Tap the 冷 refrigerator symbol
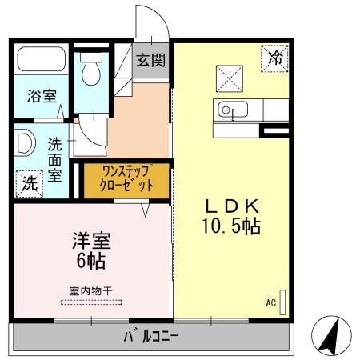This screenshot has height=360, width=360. (x=275, y=58)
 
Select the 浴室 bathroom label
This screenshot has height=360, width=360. (x=42, y=97)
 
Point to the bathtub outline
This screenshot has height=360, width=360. (x=42, y=61)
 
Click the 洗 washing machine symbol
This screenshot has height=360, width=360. (x=30, y=182)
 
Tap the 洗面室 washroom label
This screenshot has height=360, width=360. (x=54, y=159)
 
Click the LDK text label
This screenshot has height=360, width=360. (x=228, y=205)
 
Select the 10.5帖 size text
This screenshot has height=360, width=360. (x=229, y=226)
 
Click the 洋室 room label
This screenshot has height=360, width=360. (x=90, y=240)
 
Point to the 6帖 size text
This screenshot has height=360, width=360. (x=90, y=261)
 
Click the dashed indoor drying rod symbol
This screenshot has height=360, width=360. (x=90, y=302)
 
